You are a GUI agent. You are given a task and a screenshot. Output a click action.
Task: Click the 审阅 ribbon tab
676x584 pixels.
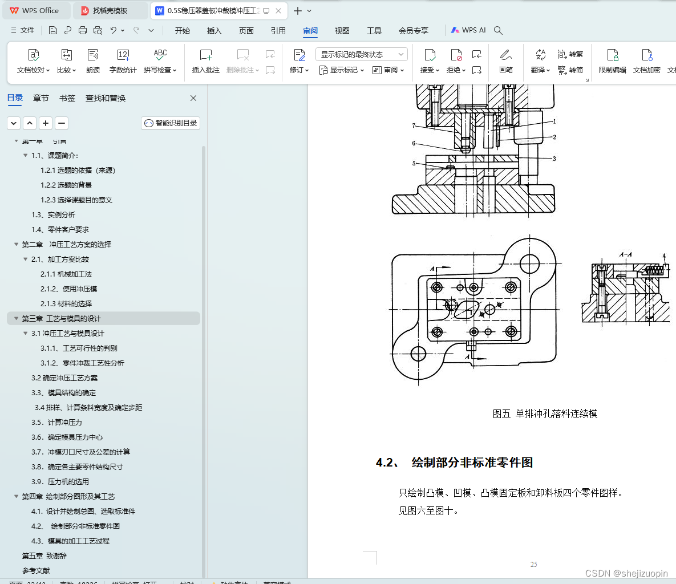[310, 31]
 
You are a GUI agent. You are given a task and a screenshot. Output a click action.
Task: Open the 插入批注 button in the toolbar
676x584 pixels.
[206, 61]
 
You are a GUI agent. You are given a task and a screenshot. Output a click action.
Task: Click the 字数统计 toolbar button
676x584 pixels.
[123, 61]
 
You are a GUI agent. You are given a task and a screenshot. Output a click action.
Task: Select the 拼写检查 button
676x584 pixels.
[160, 61]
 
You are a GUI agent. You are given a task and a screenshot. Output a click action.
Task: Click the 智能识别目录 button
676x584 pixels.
[171, 123]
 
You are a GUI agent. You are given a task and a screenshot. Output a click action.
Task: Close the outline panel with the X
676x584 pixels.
[193, 98]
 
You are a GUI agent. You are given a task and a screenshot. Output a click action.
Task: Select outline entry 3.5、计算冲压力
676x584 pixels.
[56, 423]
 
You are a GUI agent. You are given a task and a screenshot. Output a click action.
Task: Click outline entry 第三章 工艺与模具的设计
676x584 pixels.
[61, 319]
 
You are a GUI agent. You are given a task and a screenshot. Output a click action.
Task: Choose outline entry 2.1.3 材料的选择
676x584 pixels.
[66, 304]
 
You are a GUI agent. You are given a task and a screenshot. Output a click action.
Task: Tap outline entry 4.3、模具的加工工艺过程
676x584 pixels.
[70, 541]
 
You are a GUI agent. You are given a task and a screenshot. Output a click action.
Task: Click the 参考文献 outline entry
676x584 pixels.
[36, 571]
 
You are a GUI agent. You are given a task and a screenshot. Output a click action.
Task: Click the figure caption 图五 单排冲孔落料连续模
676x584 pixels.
[545, 414]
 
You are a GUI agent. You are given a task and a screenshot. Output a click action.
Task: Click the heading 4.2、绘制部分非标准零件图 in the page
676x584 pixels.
[455, 463]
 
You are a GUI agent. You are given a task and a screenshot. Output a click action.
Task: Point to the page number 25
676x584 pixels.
[533, 565]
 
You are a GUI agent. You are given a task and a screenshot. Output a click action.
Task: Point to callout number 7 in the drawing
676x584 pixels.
[414, 126]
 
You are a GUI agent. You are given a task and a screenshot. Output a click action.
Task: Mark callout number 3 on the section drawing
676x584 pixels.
[554, 159]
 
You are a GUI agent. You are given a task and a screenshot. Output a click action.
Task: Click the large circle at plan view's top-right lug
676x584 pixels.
[529, 263]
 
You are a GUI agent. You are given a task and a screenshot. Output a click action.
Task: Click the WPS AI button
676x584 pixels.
[468, 30]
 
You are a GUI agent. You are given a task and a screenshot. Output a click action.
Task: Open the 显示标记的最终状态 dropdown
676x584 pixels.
[361, 55]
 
